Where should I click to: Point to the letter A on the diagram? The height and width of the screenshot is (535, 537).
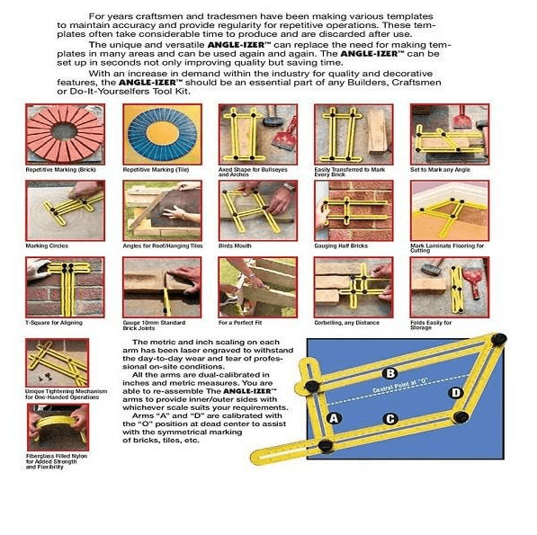pyautogui.click(x=335, y=419)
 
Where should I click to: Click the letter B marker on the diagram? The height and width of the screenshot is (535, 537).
pyautogui.click(x=389, y=373)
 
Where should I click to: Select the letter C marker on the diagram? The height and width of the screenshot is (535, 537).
pyautogui.click(x=389, y=419)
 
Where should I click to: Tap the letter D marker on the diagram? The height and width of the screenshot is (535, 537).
pyautogui.click(x=456, y=393)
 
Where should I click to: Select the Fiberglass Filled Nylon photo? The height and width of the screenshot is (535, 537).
pyautogui.click(x=58, y=431)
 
